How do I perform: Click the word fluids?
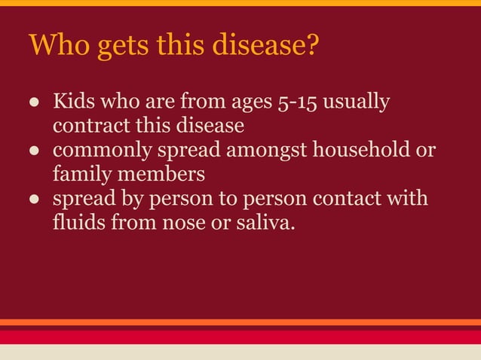pyautogui.click(x=78, y=224)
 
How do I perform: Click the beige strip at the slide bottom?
pyautogui.click(x=240, y=352)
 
